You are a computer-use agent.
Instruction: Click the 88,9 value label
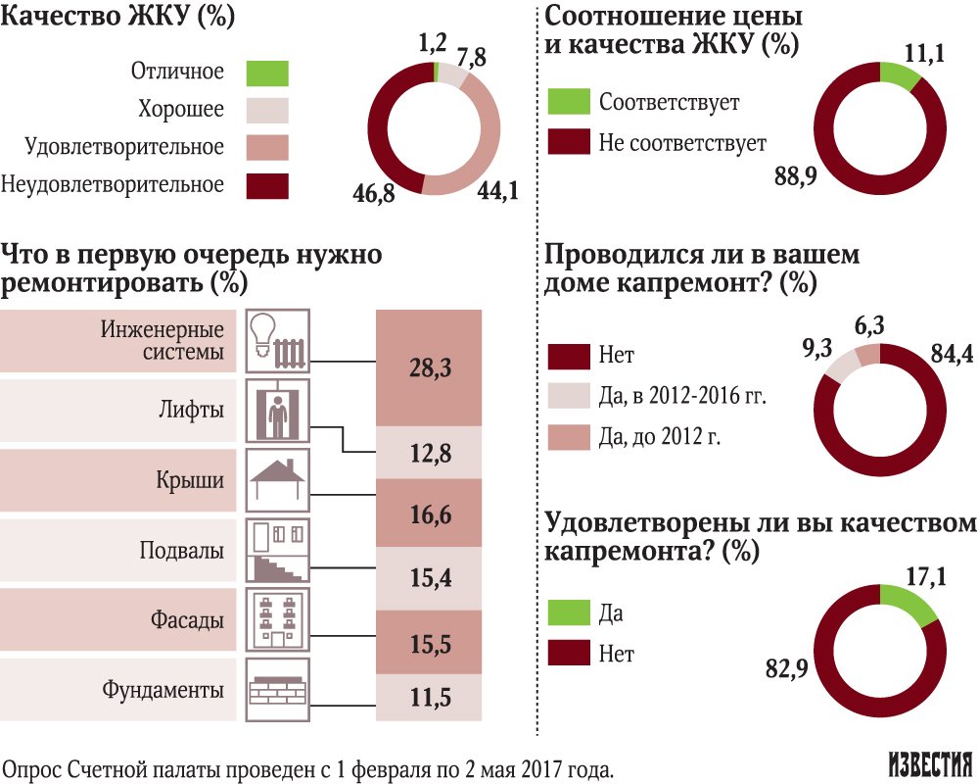tap(794, 177)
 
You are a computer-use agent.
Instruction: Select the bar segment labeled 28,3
tap(430, 368)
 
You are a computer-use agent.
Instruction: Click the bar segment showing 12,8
tap(430, 453)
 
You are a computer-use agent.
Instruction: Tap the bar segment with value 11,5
tap(430, 698)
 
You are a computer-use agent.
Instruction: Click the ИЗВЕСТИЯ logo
tap(929, 764)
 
